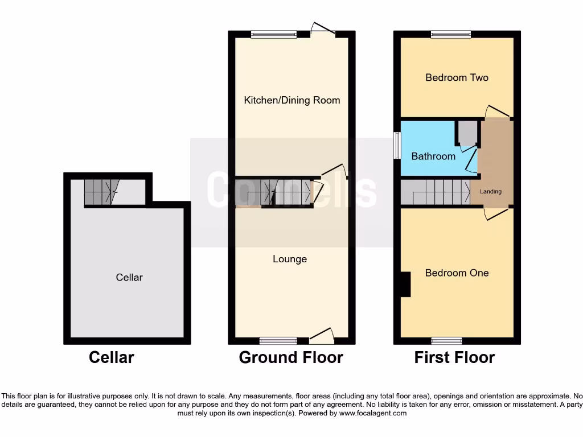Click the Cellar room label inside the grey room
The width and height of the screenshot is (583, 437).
click(x=129, y=278)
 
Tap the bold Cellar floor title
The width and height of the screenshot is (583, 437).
click(x=112, y=357)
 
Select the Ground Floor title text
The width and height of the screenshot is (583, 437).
click(x=291, y=357)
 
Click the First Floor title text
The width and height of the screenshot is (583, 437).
click(x=454, y=357)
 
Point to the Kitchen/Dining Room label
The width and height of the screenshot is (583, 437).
click(x=292, y=100)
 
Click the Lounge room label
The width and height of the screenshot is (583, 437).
click(x=290, y=259)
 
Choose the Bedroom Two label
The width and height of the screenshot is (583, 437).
click(x=457, y=77)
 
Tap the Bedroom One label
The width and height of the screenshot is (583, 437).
click(x=457, y=273)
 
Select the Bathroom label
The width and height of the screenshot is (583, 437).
click(x=433, y=156)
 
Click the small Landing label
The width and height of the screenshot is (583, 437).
click(x=491, y=192)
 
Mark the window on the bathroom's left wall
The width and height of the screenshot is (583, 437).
click(x=397, y=146)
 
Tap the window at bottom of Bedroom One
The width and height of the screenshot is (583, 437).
click(x=446, y=341)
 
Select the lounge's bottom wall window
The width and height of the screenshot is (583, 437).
click(x=278, y=341)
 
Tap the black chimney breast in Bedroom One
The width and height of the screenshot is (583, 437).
click(x=405, y=284)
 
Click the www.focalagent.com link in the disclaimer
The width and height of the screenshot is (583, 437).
click(x=372, y=413)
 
